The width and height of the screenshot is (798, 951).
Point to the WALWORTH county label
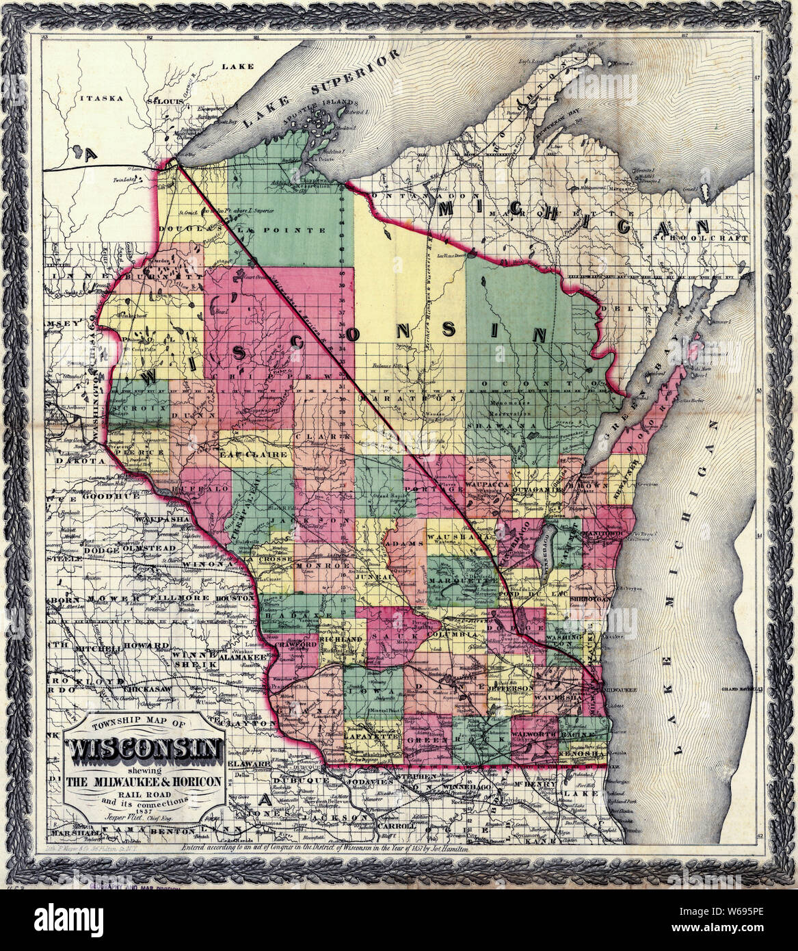click(532, 733)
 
